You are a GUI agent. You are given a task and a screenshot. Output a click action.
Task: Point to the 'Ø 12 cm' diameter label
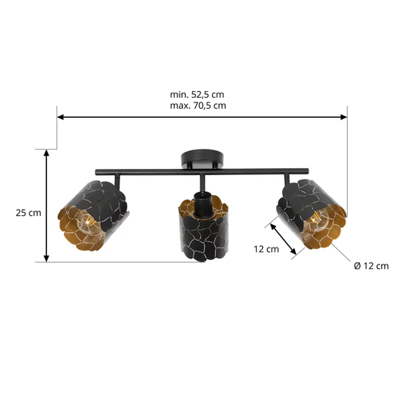(371, 265)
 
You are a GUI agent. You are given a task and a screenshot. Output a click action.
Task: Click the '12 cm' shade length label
(266, 248)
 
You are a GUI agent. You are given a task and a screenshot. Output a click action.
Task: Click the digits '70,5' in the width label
(208, 104)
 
